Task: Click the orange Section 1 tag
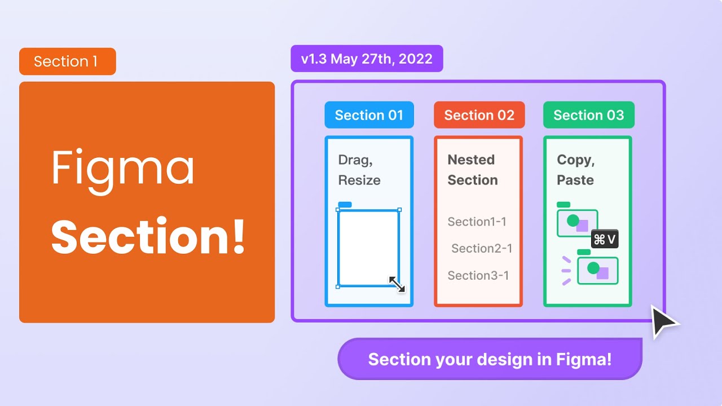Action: pos(67,61)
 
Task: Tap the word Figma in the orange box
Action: pos(123,168)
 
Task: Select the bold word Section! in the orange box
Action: pos(148,236)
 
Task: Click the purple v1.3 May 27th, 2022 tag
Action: pos(367,59)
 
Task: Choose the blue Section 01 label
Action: pos(369,115)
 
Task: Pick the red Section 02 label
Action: pos(479,115)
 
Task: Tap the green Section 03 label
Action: pos(588,115)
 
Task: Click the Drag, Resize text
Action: pos(359,170)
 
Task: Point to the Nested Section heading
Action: pos(473,170)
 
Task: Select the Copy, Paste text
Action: pos(576,170)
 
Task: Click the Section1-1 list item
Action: pos(477,222)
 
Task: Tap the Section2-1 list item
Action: pos(482,248)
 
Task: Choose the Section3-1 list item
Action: pos(478,275)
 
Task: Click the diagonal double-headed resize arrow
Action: pos(397,284)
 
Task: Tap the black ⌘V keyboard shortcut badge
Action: pos(605,240)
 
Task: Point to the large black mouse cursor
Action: pos(663,322)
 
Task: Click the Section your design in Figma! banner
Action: pos(490,359)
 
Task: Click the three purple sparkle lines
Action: pos(566,270)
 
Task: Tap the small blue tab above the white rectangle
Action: pos(345,204)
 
